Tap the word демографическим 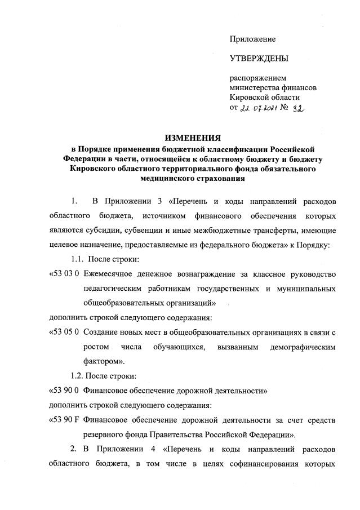pyautogui.click(x=299, y=346)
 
